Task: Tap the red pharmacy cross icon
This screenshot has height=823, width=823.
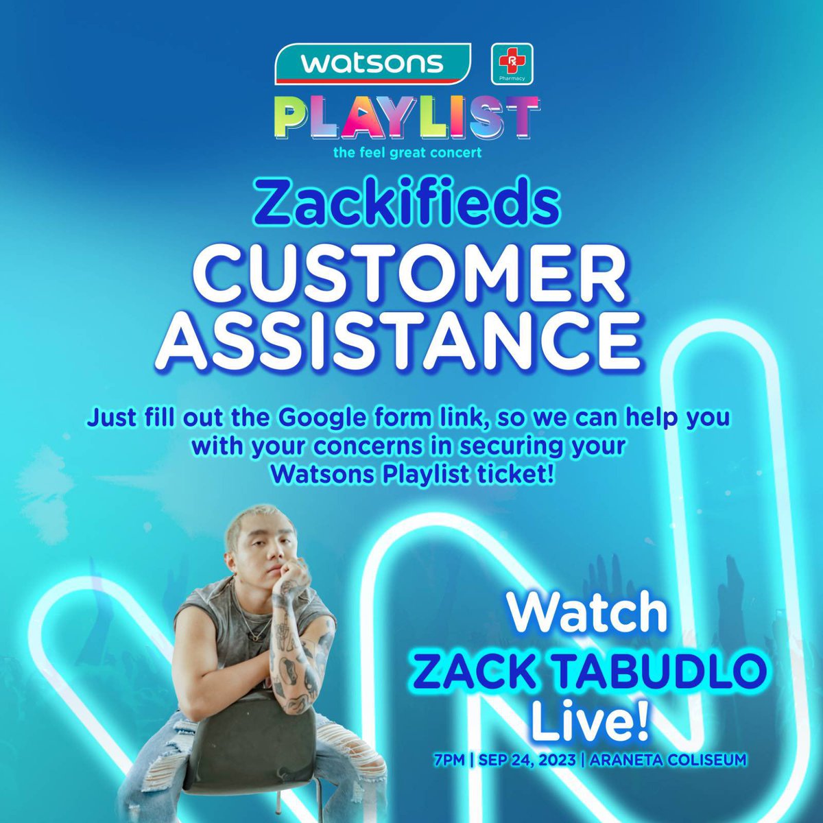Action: point(512,64)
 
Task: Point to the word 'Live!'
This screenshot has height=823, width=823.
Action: point(591,721)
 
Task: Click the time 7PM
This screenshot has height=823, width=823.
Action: point(450,760)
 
